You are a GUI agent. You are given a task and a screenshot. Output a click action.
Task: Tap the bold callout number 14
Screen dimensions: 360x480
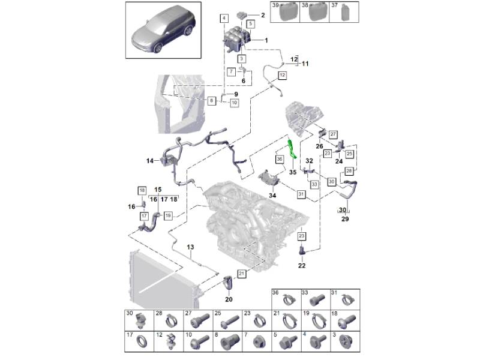click(x=150, y=160)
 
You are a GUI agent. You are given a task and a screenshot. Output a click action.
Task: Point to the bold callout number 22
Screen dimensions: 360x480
click(x=301, y=266)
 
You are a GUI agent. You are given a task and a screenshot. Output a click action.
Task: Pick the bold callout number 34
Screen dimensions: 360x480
click(x=272, y=196)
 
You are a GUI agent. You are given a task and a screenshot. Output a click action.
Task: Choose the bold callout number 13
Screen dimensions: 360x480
click(x=190, y=247)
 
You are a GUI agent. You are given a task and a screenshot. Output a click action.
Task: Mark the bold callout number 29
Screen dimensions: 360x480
click(x=345, y=220)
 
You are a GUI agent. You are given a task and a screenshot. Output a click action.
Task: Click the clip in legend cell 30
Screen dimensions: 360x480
click(x=140, y=321)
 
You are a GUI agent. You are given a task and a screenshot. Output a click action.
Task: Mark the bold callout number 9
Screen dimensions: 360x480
click(x=236, y=94)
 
